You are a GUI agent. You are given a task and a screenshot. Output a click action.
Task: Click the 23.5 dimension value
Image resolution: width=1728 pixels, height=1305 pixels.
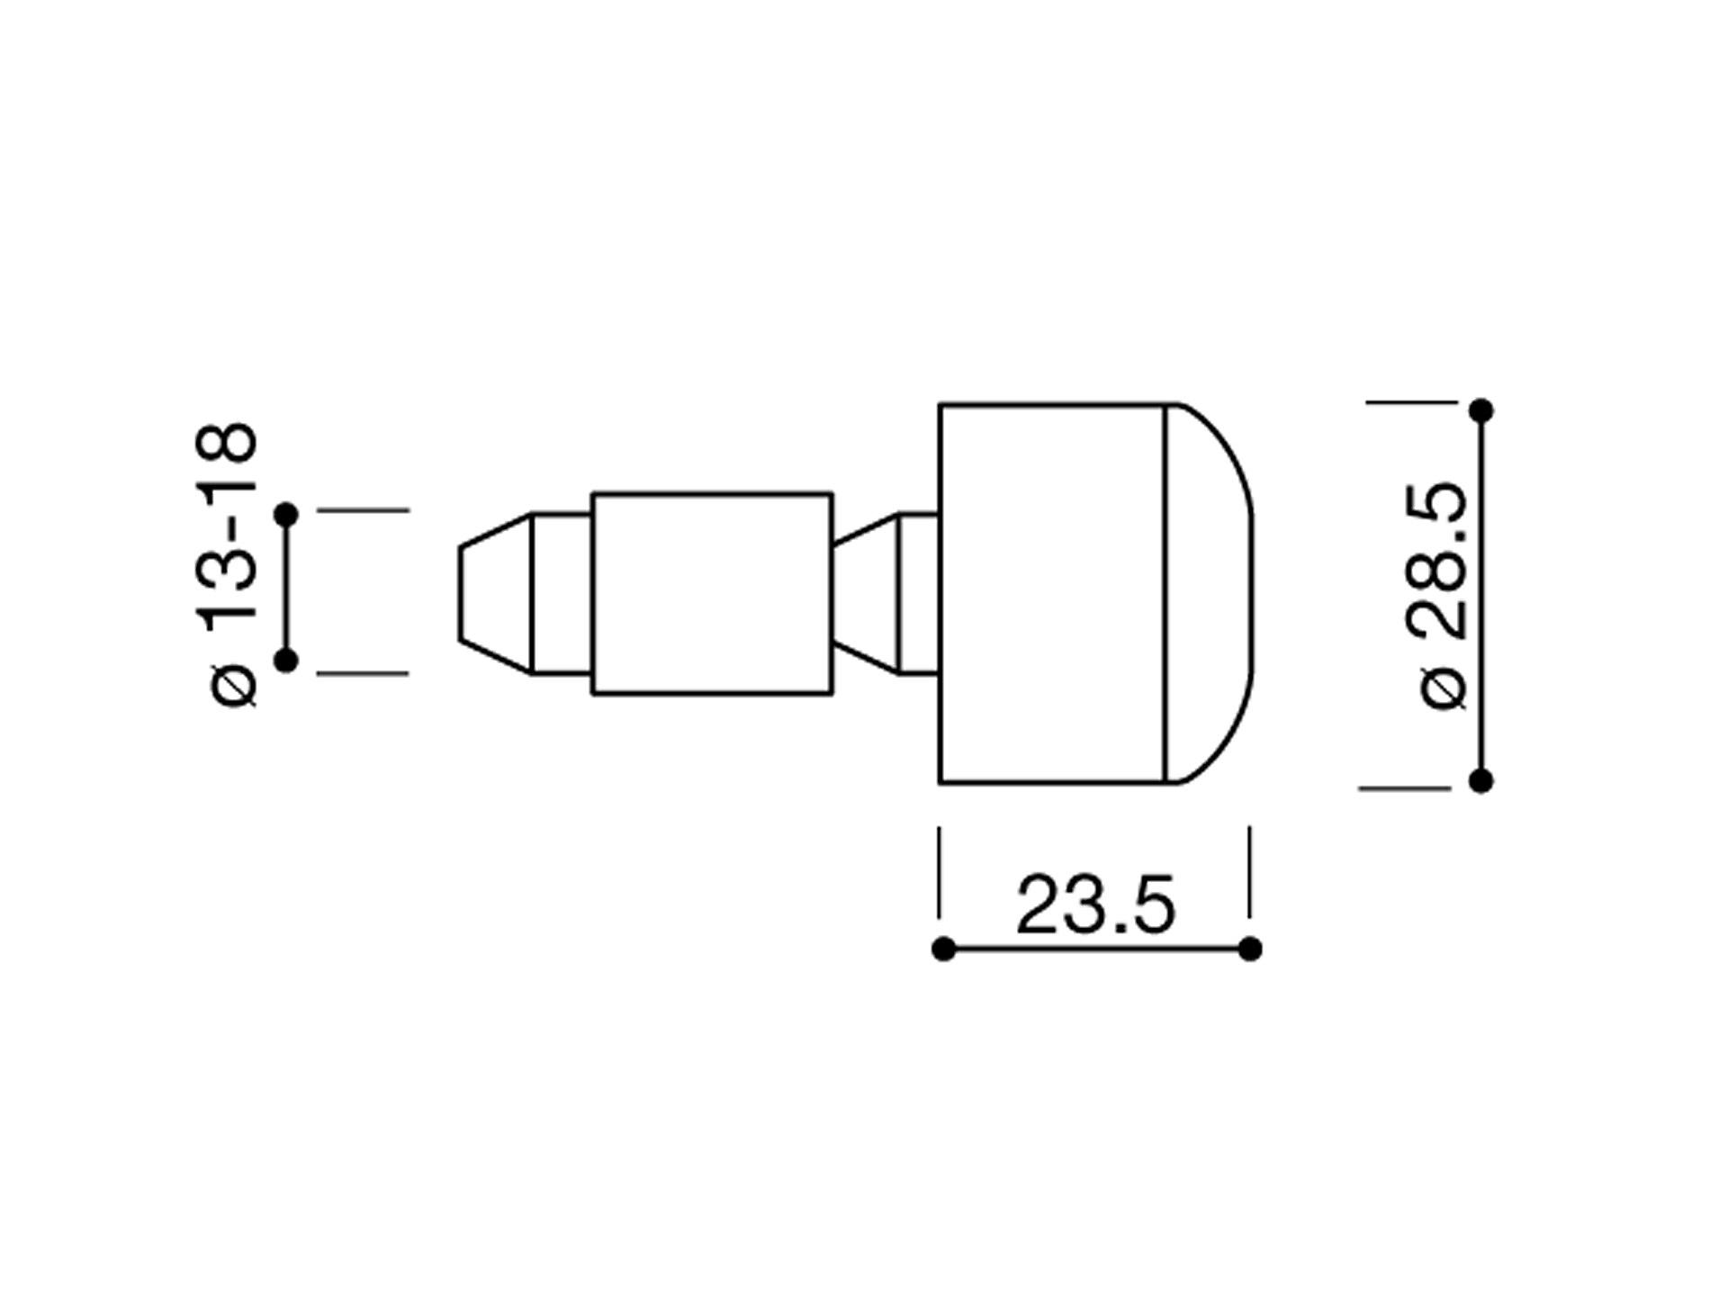(1095, 904)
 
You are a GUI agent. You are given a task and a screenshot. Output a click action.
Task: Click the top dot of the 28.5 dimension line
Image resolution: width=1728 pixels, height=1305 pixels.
(1480, 411)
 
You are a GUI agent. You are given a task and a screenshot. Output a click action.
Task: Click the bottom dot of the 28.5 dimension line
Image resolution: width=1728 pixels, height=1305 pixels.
(1480, 780)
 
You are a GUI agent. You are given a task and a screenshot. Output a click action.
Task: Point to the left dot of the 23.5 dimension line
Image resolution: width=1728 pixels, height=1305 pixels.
(943, 949)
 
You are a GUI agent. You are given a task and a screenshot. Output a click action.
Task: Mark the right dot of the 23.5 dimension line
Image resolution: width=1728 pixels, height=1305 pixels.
(1249, 949)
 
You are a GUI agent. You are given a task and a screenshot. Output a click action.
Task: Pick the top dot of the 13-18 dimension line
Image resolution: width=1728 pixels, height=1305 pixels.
(286, 515)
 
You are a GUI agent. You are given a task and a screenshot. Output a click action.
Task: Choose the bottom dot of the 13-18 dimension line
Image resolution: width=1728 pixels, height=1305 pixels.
(286, 661)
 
